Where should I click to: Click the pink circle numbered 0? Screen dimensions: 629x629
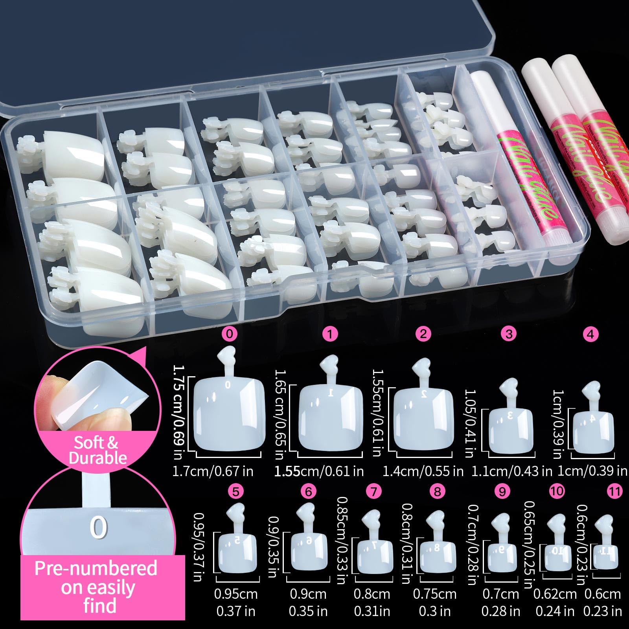pyautogui.click(x=230, y=334)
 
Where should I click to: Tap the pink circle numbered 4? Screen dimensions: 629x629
pyautogui.click(x=590, y=334)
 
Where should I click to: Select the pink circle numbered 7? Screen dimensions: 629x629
pyautogui.click(x=373, y=491)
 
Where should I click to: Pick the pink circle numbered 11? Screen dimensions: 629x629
pyautogui.click(x=615, y=491)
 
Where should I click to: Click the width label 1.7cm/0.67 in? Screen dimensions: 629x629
pyautogui.click(x=213, y=471)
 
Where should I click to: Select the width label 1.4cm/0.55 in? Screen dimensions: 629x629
pyautogui.click(x=423, y=471)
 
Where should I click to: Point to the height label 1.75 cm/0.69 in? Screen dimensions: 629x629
pyautogui.click(x=179, y=411)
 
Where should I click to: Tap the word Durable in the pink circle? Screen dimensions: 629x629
pyautogui.click(x=98, y=458)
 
